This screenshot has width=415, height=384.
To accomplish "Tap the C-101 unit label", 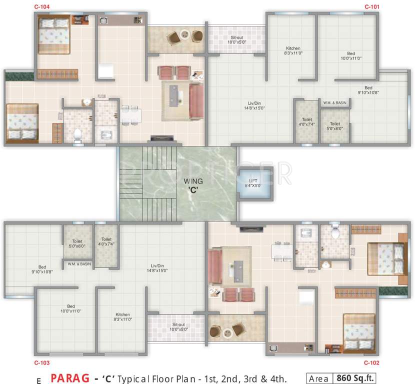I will [x=372, y=7].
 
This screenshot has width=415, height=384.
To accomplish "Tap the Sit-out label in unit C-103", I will [x=178, y=326].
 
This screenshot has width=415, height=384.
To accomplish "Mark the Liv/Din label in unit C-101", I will [x=254, y=105].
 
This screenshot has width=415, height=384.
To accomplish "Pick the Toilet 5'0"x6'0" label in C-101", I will [x=335, y=125].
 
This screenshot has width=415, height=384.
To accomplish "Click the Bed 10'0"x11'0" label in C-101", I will [x=351, y=55].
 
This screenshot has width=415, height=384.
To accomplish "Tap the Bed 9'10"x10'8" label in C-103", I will [x=43, y=269].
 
